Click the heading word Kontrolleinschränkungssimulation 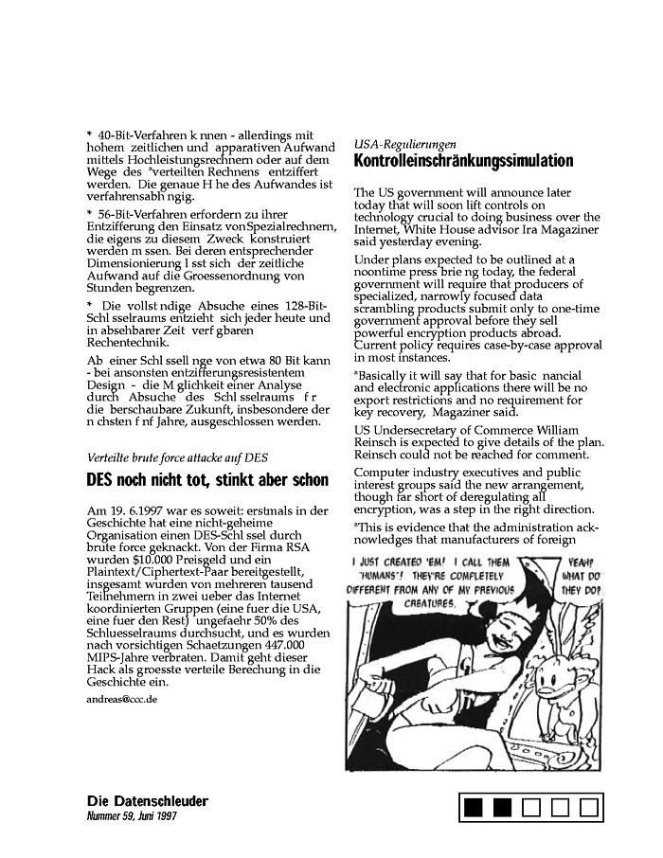[x=463, y=161]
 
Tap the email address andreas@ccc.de [x=121, y=699]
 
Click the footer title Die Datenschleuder [x=147, y=801]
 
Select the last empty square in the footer [x=589, y=808]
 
